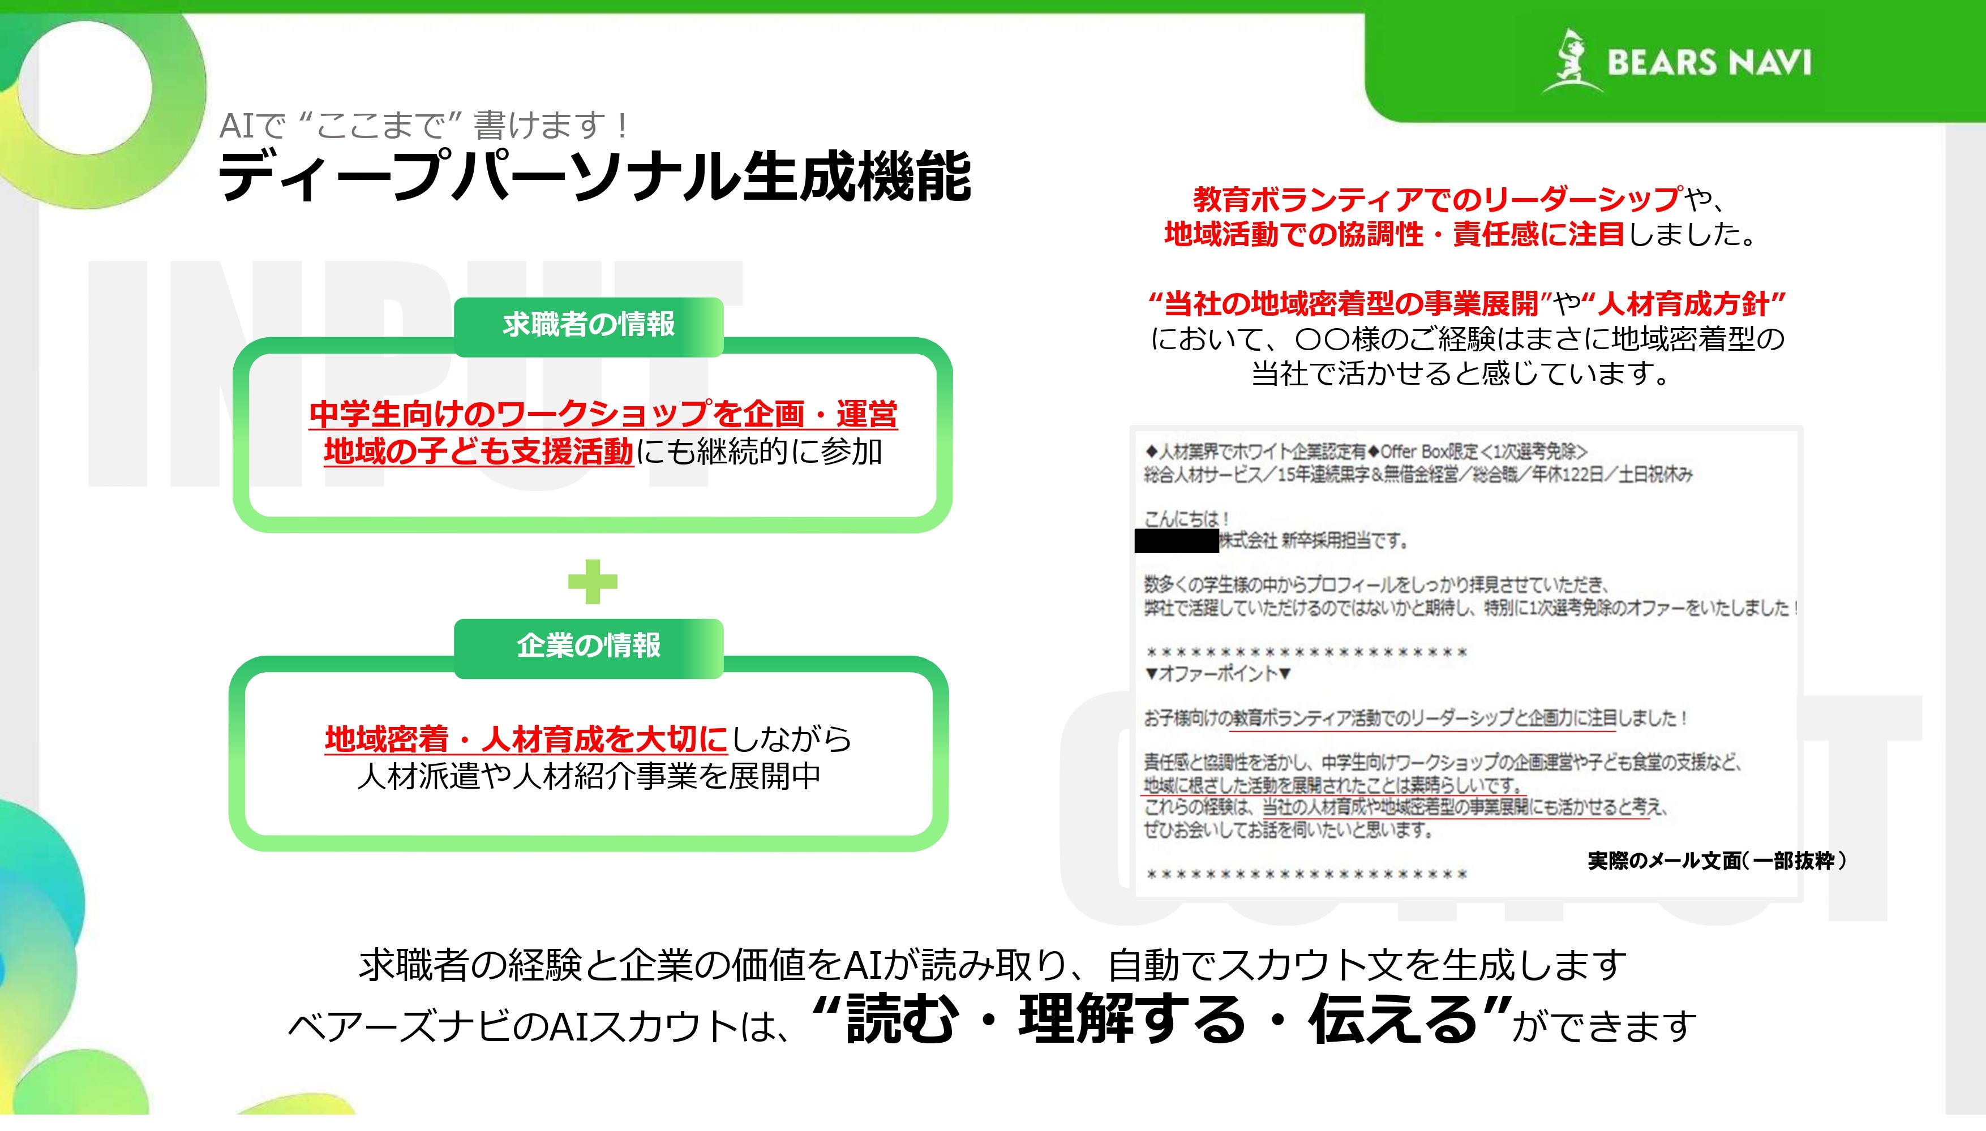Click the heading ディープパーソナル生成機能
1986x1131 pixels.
pos(594,177)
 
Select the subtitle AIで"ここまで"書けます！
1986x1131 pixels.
pos(423,125)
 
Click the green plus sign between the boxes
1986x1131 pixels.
pos(592,581)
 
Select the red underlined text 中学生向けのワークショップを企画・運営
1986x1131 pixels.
pos(603,414)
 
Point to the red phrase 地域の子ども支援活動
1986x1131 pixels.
pos(478,451)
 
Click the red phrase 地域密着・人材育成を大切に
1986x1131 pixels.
pos(526,739)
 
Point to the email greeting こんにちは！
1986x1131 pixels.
pos(1186,519)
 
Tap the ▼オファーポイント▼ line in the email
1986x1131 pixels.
pos(1217,673)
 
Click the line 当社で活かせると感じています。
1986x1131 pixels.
pos(1461,373)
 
